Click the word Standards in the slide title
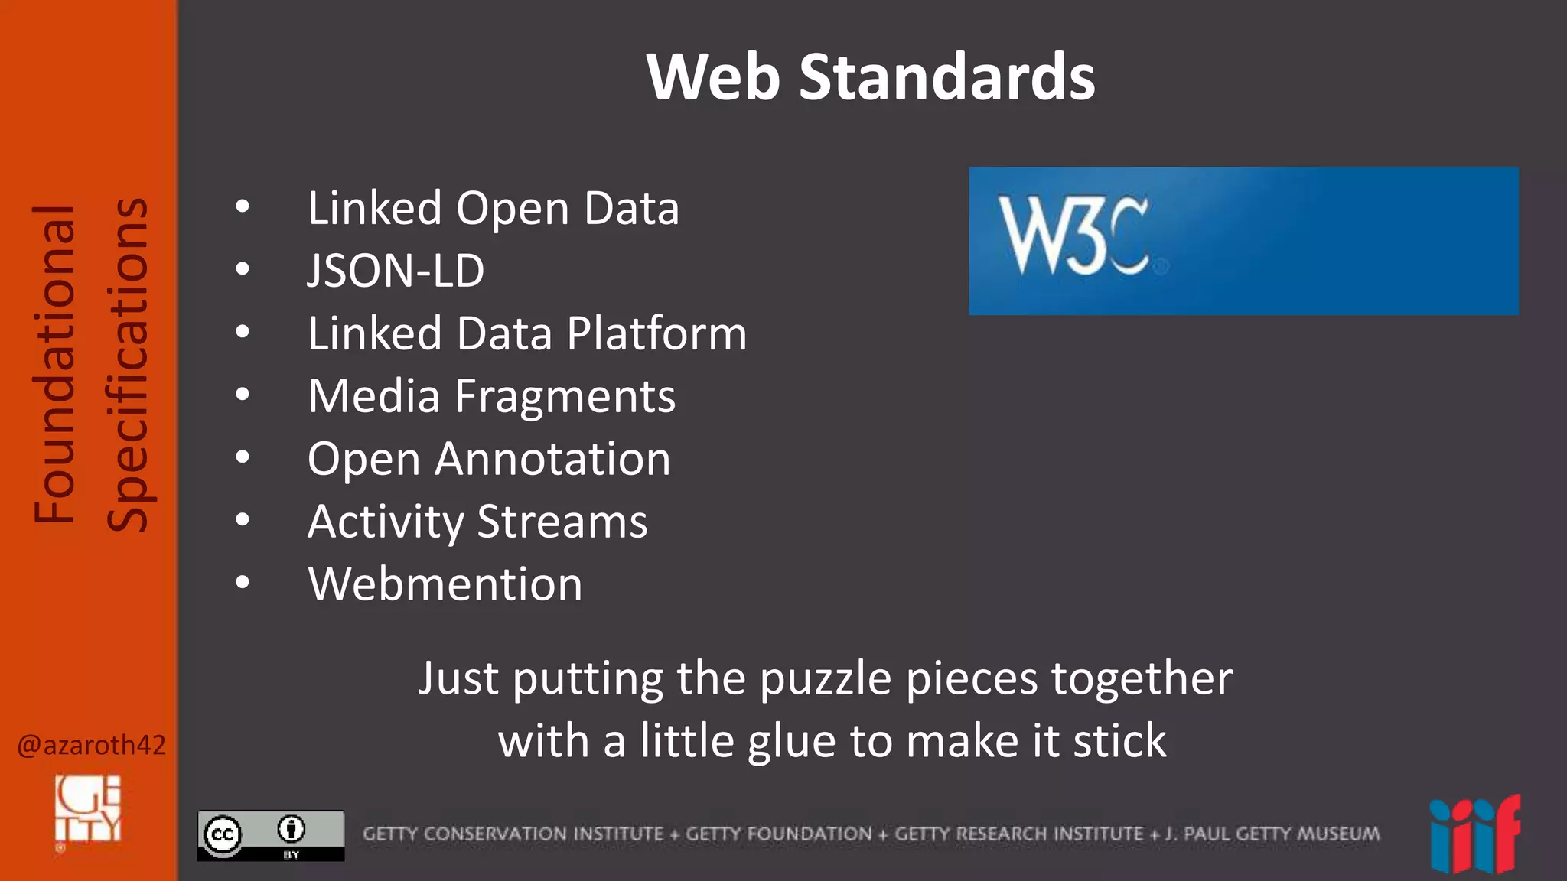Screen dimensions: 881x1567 (946, 77)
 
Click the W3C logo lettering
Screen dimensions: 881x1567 (1073, 236)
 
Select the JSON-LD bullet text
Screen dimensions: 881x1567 (396, 271)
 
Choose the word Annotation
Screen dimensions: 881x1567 (552, 459)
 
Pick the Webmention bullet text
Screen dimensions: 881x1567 (445, 584)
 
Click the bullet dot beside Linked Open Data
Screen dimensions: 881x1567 (243, 206)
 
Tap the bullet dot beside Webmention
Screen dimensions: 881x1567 (243, 583)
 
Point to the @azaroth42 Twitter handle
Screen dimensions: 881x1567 (91, 745)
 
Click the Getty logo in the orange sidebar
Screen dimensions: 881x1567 (88, 809)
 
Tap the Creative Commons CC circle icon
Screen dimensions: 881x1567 (223, 834)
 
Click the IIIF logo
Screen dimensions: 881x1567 (1474, 835)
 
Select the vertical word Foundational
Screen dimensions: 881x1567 (54, 364)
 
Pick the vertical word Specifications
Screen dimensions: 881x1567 (128, 364)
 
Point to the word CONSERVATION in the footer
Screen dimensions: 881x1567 (543, 834)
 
